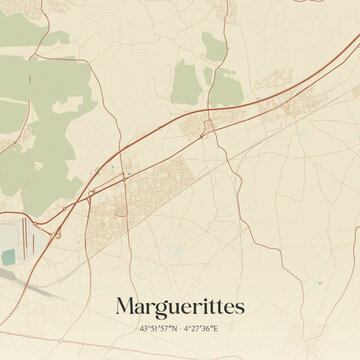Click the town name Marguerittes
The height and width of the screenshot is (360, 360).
coord(180,305)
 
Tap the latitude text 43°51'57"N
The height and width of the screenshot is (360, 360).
coord(159,327)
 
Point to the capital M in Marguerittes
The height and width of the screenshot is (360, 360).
coord(126,305)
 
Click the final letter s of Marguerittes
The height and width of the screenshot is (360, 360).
coord(240,306)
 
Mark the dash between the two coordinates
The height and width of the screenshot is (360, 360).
coord(181,327)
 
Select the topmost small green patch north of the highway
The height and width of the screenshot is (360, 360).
coord(212,44)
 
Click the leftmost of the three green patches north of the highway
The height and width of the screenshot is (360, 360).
coord(185,82)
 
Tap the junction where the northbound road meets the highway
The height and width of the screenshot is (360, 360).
coord(208,123)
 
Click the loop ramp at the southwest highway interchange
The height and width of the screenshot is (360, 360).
coord(57,233)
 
